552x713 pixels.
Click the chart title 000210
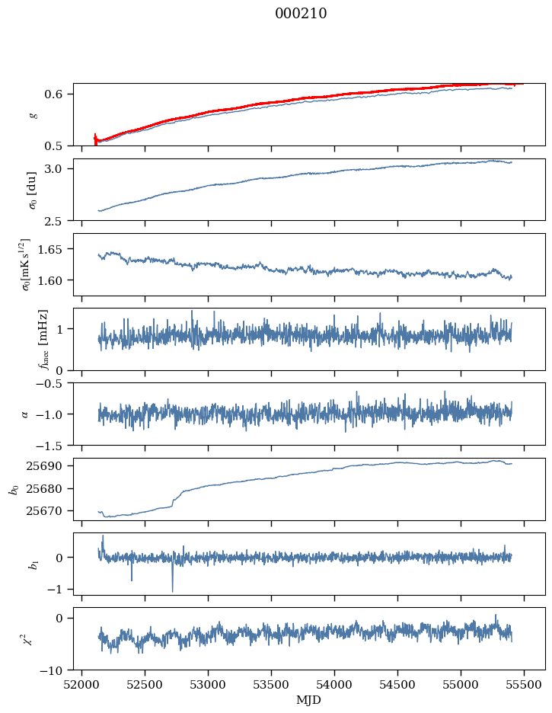301,14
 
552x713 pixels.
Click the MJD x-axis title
309,700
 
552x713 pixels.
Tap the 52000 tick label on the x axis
81,685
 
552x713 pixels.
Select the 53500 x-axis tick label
271,685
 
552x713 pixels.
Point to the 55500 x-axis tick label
524,685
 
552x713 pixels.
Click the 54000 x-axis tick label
334,685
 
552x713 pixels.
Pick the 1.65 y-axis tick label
56,249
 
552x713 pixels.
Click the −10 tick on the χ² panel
53,670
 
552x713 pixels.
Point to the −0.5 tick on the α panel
53,383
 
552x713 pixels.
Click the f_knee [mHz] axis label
43,339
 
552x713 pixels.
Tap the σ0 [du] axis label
33,190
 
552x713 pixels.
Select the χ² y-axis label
33,640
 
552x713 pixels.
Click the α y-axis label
24,414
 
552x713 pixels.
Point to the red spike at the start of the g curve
95,139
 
